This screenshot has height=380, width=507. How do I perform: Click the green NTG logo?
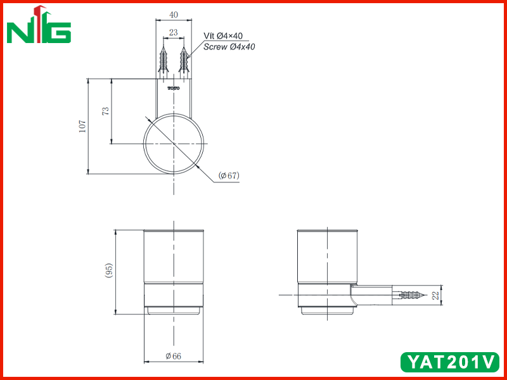[x=39, y=25]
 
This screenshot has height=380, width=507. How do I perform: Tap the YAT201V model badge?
[x=450, y=362]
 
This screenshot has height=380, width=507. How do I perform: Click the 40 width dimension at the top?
[x=174, y=15]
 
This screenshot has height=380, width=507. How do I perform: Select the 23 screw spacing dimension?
[x=173, y=32]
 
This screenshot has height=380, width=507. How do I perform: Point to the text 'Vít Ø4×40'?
[x=223, y=35]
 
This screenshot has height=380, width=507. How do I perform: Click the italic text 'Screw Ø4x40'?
[x=229, y=47]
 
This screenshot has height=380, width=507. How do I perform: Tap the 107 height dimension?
[x=82, y=126]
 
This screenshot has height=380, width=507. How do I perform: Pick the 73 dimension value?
[x=106, y=111]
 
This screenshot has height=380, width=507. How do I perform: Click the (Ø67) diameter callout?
[x=229, y=175]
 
